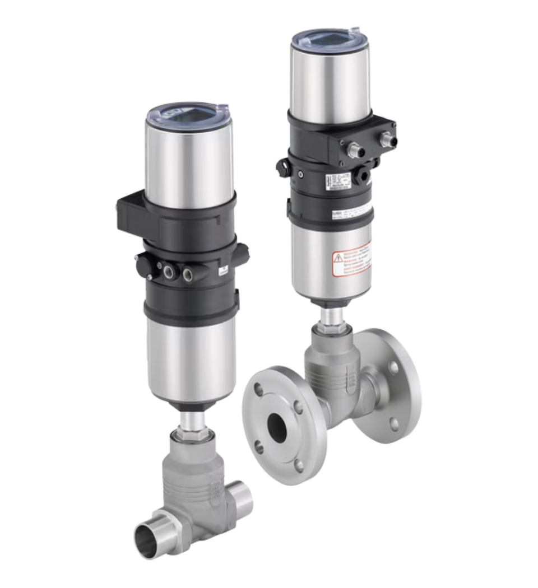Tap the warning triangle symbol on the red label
[338, 258]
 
